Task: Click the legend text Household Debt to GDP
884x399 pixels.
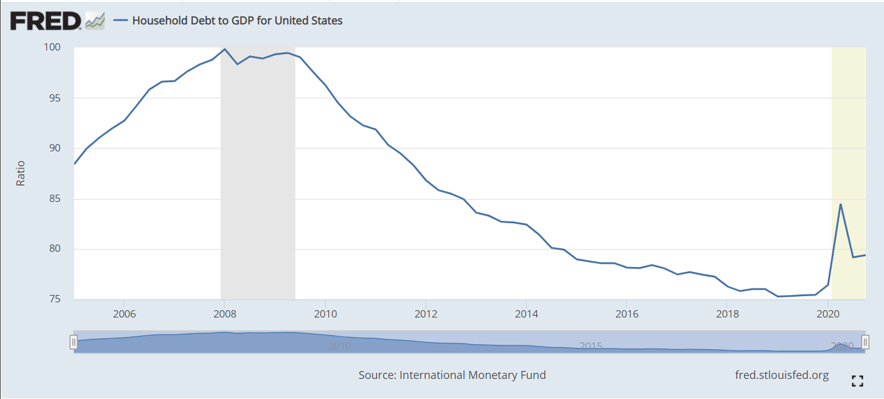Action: tap(237, 21)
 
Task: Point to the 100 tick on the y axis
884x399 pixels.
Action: tap(53, 47)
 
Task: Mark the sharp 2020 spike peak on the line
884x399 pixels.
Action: tap(840, 204)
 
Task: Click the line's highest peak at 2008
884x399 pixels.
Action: tap(225, 49)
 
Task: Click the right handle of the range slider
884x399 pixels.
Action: tap(865, 342)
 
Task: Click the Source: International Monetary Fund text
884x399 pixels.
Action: tap(452, 375)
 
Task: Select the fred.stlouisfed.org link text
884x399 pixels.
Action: tap(782, 375)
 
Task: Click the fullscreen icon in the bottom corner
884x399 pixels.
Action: tap(857, 381)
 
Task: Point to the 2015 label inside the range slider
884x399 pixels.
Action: tap(590, 346)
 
